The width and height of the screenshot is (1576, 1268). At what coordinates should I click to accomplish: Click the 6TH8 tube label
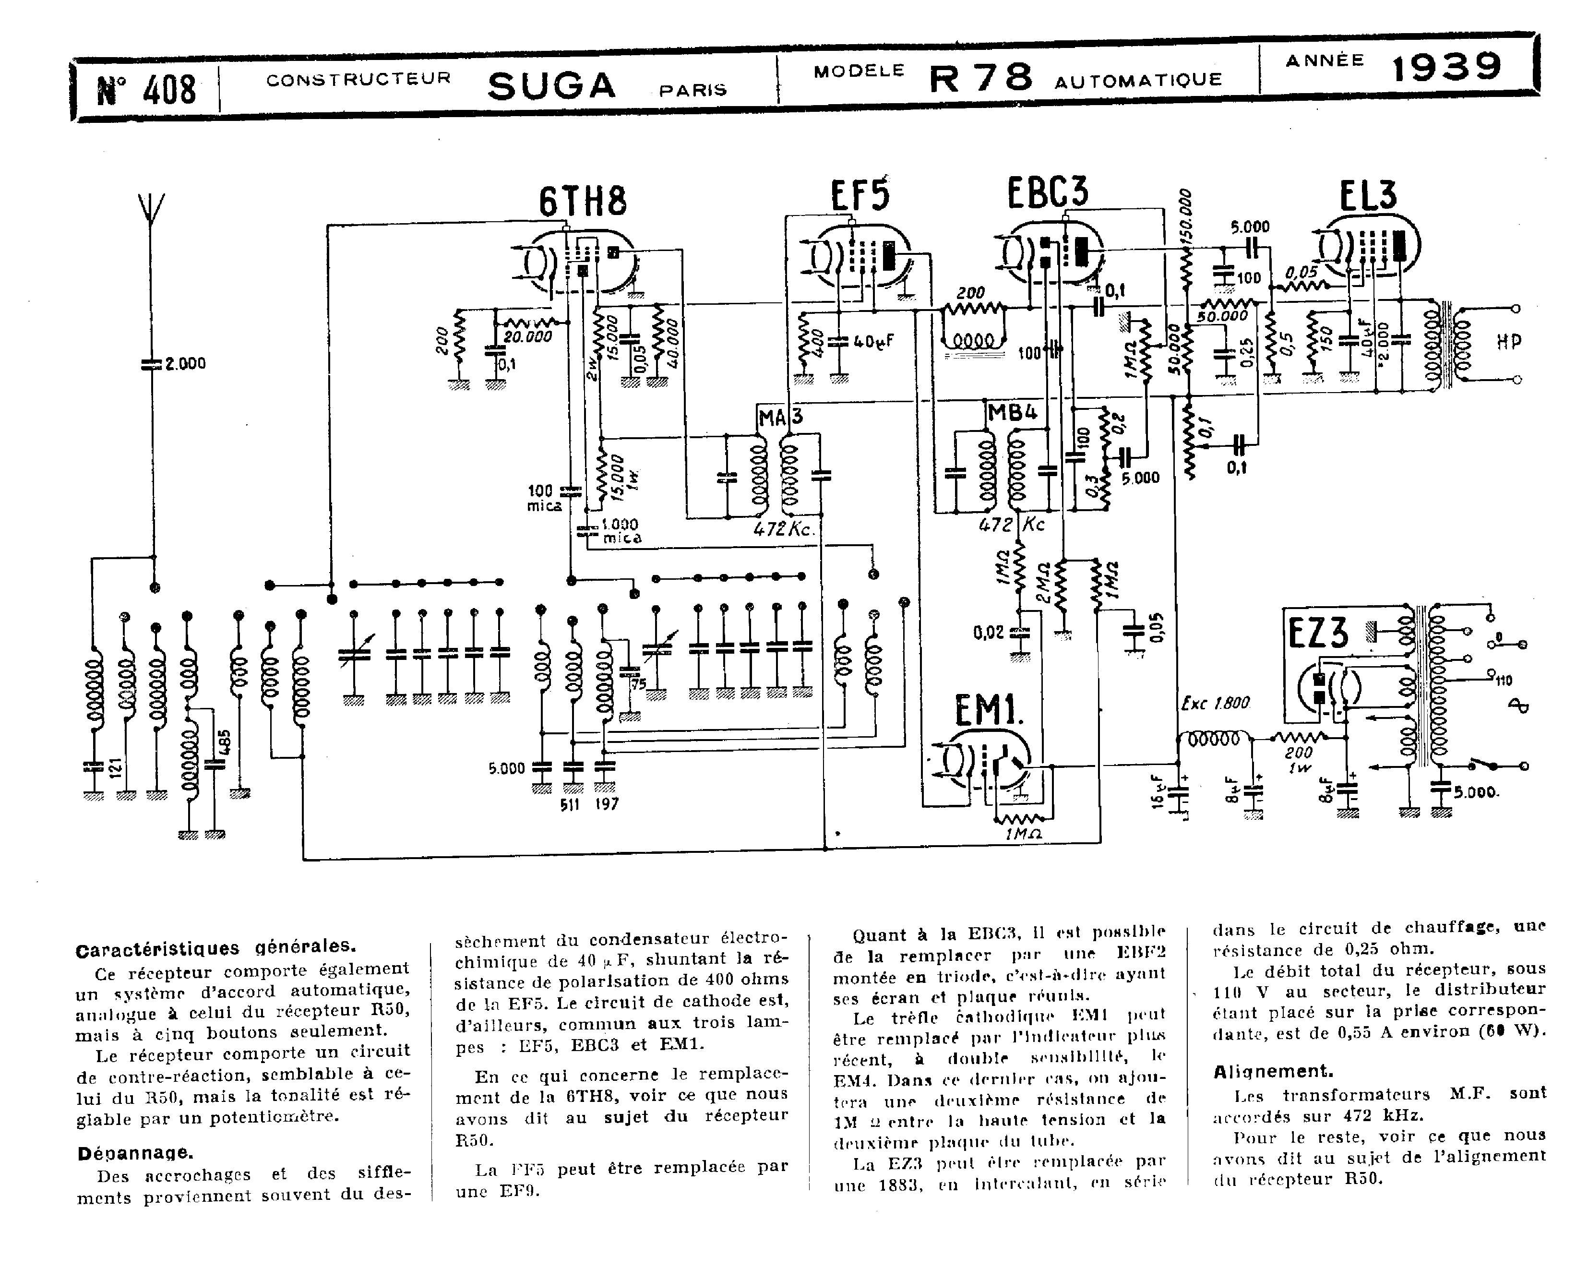pyautogui.click(x=583, y=202)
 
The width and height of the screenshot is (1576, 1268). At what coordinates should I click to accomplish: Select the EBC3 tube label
pyautogui.click(x=1048, y=191)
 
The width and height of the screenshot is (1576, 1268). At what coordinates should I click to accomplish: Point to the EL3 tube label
pyautogui.click(x=1368, y=195)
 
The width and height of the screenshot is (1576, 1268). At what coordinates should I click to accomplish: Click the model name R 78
pyautogui.click(x=981, y=77)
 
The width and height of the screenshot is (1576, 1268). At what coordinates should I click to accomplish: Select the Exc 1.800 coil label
pyautogui.click(x=1215, y=704)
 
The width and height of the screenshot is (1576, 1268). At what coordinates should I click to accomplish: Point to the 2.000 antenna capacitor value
pyautogui.click(x=185, y=363)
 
